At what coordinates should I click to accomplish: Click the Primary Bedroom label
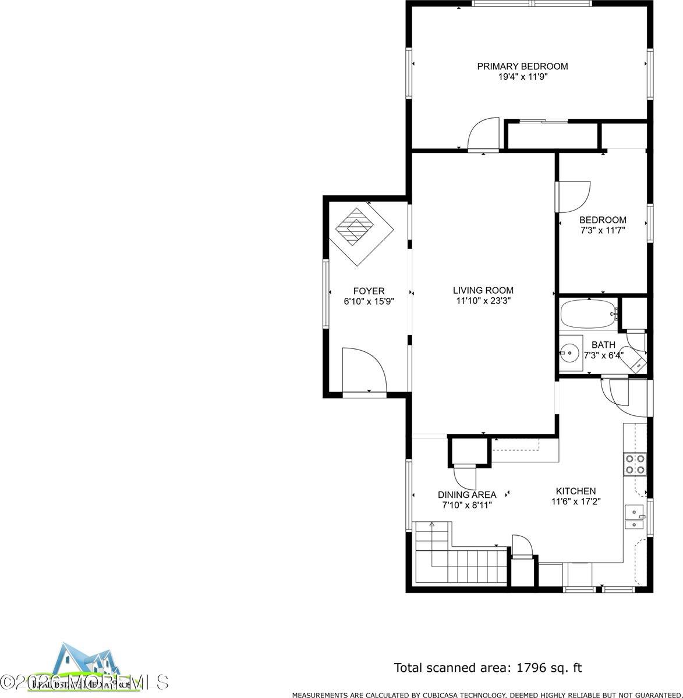click(x=522, y=66)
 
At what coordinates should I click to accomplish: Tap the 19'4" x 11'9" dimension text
click(x=522, y=76)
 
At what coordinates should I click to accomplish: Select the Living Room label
click(x=483, y=290)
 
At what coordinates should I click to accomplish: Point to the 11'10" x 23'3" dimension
click(x=483, y=301)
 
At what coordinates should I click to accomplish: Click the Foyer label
click(x=369, y=291)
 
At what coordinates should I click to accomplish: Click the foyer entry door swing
click(x=363, y=370)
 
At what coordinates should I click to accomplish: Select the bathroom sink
click(x=569, y=352)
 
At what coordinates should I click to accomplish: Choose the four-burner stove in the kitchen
click(x=635, y=464)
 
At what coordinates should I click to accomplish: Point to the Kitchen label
click(x=575, y=491)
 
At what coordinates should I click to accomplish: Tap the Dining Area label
click(x=467, y=495)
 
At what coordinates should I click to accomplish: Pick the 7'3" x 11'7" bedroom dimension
click(x=603, y=230)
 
